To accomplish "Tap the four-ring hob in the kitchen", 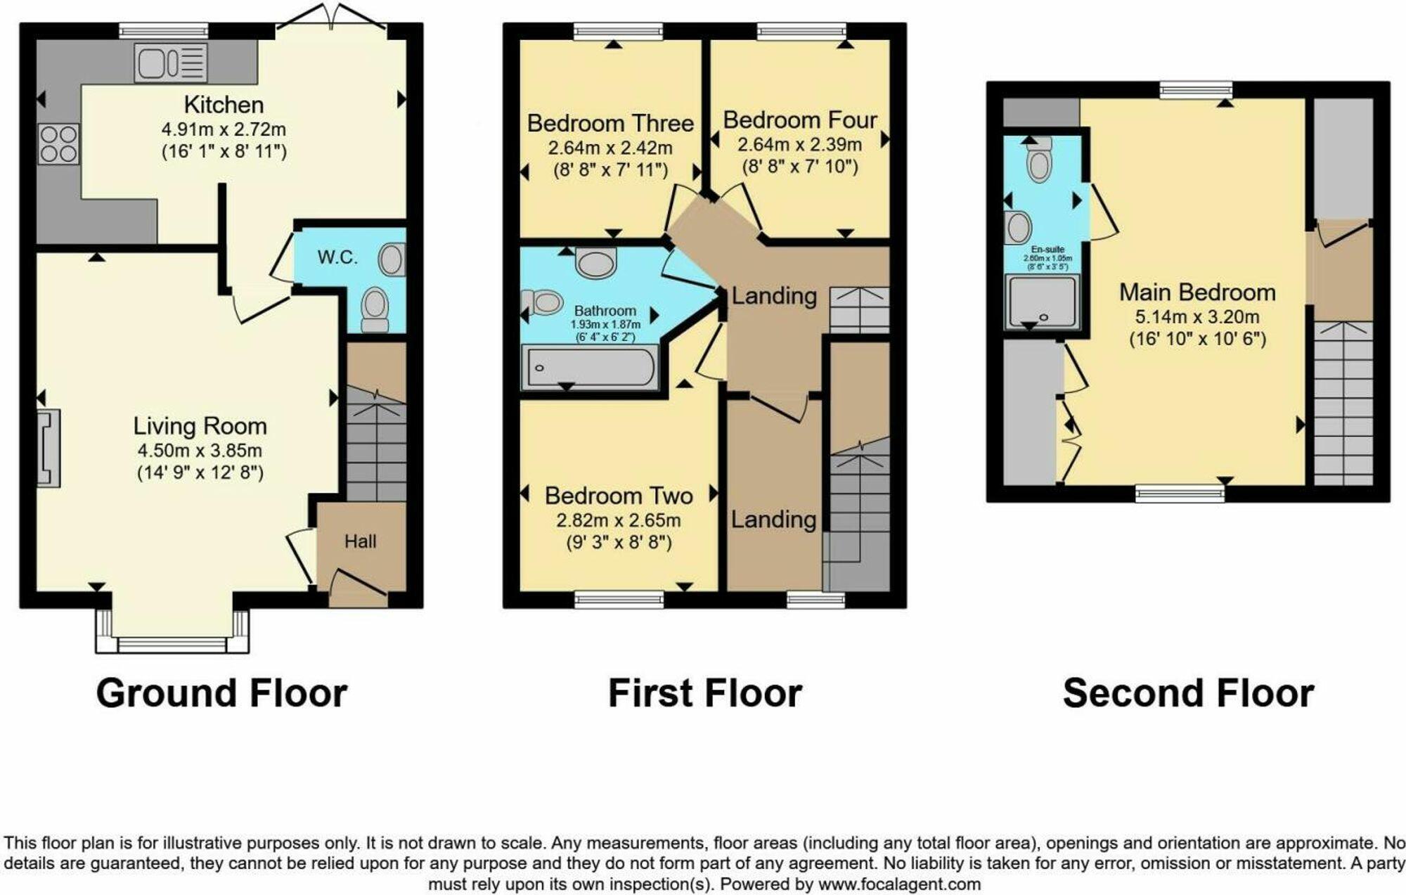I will (x=58, y=144).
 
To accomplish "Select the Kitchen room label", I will (x=224, y=105).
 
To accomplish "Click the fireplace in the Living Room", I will (x=49, y=449).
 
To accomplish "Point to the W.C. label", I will (x=337, y=257).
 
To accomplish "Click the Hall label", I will (x=360, y=541).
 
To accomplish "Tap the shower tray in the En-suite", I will (x=1042, y=302).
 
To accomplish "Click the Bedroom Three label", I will (x=610, y=123).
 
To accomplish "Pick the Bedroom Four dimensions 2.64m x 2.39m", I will (x=799, y=145).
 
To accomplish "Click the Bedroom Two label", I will (x=619, y=496).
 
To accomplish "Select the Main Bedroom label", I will (x=1197, y=292).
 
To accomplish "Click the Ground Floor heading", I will (x=221, y=693).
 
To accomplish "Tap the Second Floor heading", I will (x=1188, y=693).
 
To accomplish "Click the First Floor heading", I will (x=704, y=693).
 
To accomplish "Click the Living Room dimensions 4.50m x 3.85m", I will (x=200, y=451).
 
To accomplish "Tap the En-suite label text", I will (x=1047, y=250).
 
